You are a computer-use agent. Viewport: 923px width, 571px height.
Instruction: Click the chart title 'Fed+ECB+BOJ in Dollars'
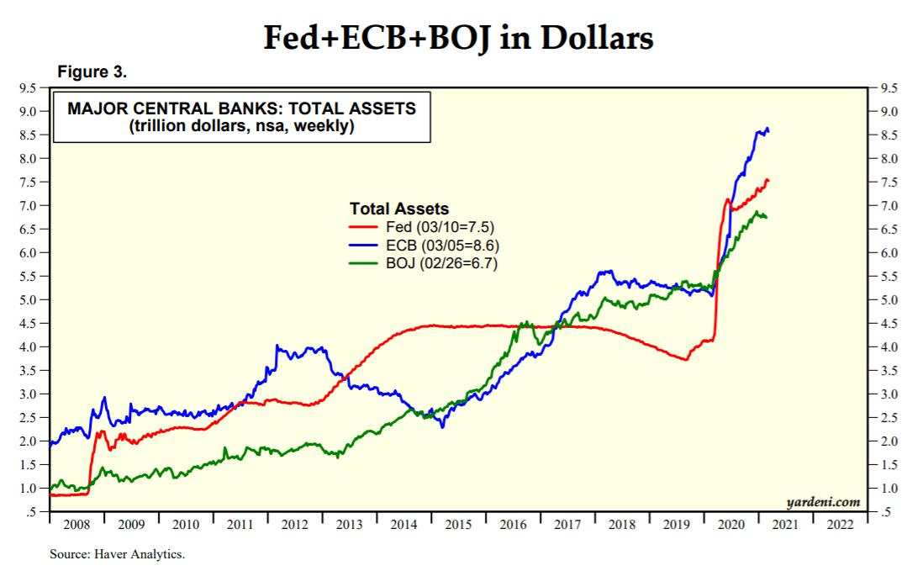458,37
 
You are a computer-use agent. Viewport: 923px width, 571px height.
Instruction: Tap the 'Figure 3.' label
92,72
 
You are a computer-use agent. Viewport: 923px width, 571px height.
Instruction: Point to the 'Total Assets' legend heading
399,209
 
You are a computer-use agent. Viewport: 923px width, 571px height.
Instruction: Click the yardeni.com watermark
823,502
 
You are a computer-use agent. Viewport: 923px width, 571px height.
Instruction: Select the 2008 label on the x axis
76,525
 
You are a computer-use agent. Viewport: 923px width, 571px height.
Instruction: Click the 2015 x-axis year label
459,525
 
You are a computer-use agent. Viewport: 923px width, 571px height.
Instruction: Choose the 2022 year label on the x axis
841,525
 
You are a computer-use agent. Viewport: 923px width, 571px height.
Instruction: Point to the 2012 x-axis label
295,525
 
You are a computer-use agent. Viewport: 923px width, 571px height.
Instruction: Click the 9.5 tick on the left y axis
28,87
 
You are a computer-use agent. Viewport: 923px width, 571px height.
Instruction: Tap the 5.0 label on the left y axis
28,299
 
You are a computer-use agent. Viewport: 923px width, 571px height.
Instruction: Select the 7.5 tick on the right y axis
889,182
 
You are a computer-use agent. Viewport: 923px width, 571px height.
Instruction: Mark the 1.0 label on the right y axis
889,488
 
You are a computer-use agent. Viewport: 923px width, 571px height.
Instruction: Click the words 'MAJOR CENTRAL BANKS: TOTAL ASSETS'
241,109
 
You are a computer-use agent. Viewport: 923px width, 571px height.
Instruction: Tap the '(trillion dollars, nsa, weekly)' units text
241,127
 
